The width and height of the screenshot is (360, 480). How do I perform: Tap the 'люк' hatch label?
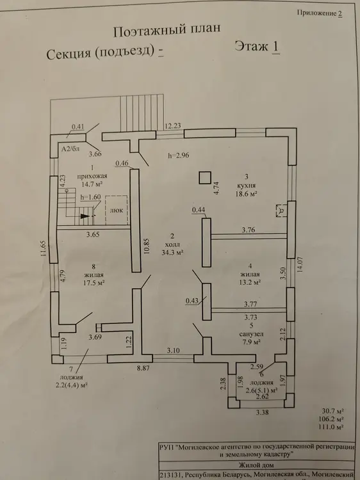point(117,211)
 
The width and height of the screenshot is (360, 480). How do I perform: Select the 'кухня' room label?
point(247,186)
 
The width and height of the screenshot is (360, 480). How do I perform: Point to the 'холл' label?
point(172,244)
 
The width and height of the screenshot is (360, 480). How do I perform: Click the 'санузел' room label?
point(251,334)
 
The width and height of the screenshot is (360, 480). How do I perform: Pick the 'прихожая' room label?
point(92,176)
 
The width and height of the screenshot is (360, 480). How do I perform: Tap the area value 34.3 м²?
point(172,253)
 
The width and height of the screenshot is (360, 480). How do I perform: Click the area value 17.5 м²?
point(94,282)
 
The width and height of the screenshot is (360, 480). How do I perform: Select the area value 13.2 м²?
point(250,282)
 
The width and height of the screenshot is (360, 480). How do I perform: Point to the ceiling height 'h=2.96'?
point(179,156)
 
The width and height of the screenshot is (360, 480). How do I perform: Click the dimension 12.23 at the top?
point(173,126)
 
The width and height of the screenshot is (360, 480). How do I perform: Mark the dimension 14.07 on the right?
point(300,264)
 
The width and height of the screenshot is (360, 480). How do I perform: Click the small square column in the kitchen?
point(205,178)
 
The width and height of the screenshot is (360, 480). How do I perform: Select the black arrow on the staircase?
point(85,216)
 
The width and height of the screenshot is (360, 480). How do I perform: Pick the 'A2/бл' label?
point(70,149)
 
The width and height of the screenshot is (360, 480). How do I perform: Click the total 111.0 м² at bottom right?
point(332,427)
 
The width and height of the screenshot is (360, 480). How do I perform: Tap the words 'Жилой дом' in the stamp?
point(256,465)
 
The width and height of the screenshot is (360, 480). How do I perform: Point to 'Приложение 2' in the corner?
point(320,13)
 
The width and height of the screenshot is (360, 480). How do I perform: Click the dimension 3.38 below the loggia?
point(263,412)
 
